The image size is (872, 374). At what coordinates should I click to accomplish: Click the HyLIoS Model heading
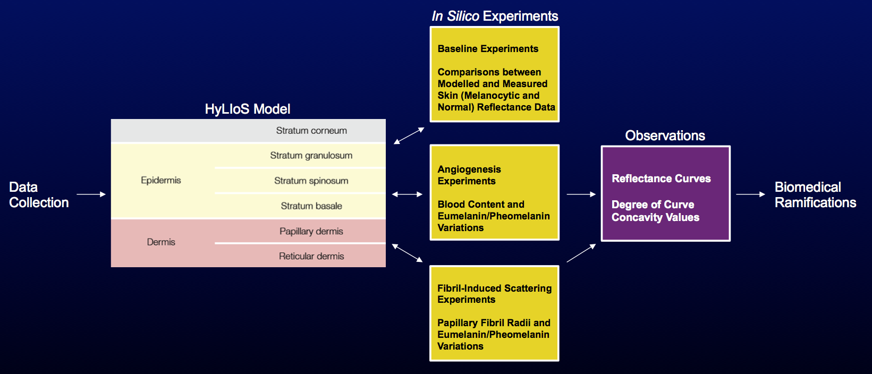tap(248, 109)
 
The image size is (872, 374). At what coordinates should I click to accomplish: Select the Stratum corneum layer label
tap(311, 131)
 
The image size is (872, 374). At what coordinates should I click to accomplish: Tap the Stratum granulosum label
tap(311, 156)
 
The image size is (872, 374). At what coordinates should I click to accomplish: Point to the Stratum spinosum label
tap(311, 181)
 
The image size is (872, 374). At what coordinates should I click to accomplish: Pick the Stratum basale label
tap(311, 206)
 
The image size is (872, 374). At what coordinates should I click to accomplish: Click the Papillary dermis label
tap(311, 231)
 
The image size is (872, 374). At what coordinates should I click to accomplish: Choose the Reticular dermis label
tap(311, 256)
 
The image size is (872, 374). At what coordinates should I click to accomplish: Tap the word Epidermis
tap(160, 180)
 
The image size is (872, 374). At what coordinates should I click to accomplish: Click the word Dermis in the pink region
tap(160, 242)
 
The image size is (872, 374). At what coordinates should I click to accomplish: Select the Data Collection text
tap(38, 195)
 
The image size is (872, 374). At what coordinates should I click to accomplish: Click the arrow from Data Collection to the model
tap(91, 194)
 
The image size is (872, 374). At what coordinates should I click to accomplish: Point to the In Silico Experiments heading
tap(495, 16)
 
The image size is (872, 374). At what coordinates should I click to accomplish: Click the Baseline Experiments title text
tap(488, 49)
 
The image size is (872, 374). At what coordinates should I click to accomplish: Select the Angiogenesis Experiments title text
tap(469, 175)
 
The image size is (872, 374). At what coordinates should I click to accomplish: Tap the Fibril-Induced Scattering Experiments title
tap(494, 294)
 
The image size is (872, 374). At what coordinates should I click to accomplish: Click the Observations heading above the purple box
tap(665, 136)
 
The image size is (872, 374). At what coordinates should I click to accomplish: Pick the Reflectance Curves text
tap(661, 178)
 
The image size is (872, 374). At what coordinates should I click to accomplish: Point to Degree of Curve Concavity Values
tap(655, 211)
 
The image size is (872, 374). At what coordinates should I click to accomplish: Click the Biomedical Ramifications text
tap(815, 195)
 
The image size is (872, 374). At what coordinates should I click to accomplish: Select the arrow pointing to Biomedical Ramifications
tap(750, 194)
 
